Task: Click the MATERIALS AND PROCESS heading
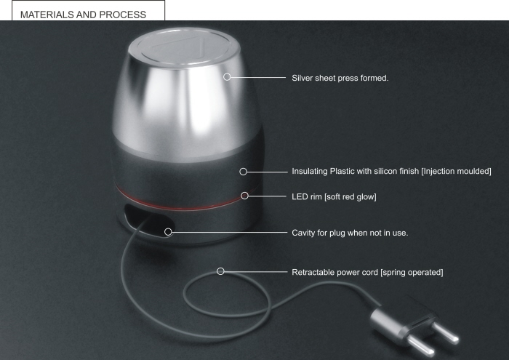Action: [83, 14]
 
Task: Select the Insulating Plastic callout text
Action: [391, 171]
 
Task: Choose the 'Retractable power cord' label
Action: [367, 272]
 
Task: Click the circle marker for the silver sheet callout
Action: [228, 76]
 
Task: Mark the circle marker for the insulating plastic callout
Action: [244, 172]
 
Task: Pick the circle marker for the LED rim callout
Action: [245, 196]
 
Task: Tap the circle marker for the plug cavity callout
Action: [169, 232]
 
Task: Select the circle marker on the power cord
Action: [221, 271]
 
